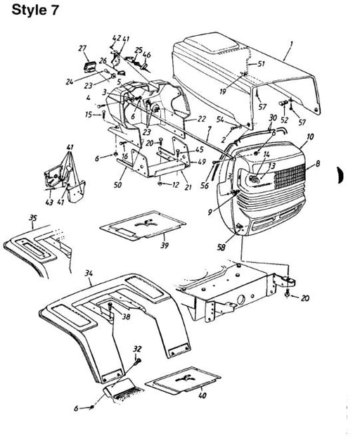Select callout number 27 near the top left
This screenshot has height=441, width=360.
click(x=82, y=49)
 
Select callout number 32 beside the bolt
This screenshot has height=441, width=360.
click(x=137, y=349)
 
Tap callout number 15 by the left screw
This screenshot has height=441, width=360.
click(x=88, y=114)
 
